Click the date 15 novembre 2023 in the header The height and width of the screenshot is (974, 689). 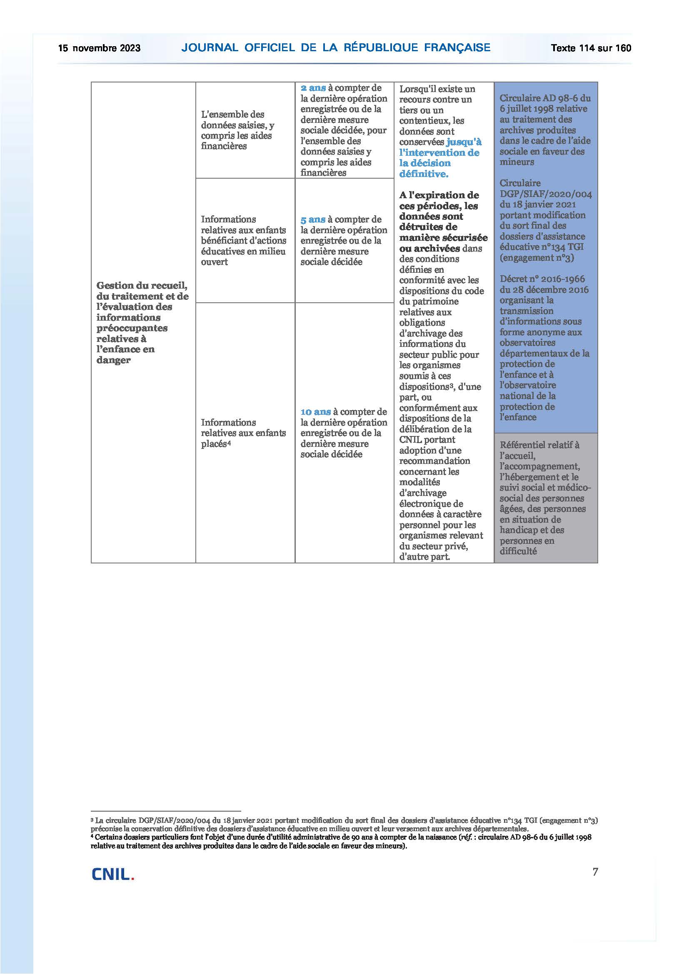pyautogui.click(x=99, y=48)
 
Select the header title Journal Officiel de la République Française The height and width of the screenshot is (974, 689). pyautogui.click(x=336, y=47)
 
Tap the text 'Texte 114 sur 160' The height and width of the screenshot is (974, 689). pyautogui.click(x=591, y=48)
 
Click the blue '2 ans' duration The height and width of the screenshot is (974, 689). pyautogui.click(x=313, y=88)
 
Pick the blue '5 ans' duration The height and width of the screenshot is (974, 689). pyautogui.click(x=313, y=220)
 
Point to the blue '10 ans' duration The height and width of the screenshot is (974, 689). pyautogui.click(x=316, y=412)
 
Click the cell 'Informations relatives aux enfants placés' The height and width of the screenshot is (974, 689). pyautogui.click(x=243, y=433)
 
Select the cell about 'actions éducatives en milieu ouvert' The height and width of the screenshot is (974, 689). pyautogui.click(x=243, y=241)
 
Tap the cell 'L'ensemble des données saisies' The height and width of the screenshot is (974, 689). pyautogui.click(x=237, y=130)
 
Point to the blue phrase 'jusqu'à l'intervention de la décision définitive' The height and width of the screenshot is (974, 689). pyautogui.click(x=439, y=158)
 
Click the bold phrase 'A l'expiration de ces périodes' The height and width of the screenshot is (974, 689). pyautogui.click(x=439, y=201)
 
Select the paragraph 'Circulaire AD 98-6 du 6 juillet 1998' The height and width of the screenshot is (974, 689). pyautogui.click(x=545, y=130)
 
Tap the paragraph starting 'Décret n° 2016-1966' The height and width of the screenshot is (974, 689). pyautogui.click(x=544, y=348)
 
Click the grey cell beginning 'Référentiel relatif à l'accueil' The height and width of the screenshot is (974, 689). pyautogui.click(x=545, y=498)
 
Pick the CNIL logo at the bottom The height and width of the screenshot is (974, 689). pyautogui.click(x=113, y=874)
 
